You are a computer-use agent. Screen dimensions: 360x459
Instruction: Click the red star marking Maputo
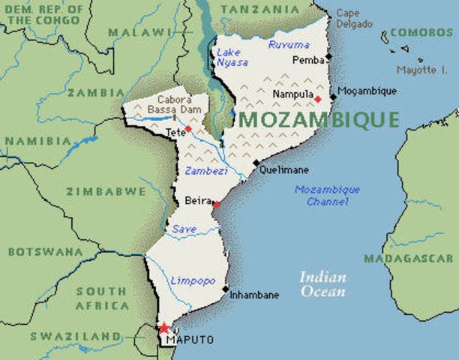[x=163, y=328]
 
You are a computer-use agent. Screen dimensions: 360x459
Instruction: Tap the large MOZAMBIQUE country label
[x=319, y=119]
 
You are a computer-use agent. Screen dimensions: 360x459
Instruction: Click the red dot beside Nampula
[x=317, y=98]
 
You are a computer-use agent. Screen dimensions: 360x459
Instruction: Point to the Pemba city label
[x=308, y=59]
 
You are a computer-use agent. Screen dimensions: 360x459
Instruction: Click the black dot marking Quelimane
[x=256, y=163]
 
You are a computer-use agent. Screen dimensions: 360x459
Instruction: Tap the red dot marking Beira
[x=216, y=204]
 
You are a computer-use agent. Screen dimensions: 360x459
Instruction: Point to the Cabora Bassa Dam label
[x=174, y=104]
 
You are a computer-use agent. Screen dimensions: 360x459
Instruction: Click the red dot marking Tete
[x=188, y=128]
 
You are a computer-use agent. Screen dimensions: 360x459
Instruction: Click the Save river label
[x=184, y=229]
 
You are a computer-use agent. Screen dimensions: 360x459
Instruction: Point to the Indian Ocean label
[x=323, y=283]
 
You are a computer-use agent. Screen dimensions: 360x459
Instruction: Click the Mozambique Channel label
[x=327, y=195]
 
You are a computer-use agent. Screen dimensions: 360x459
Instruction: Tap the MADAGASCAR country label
[x=409, y=258]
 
